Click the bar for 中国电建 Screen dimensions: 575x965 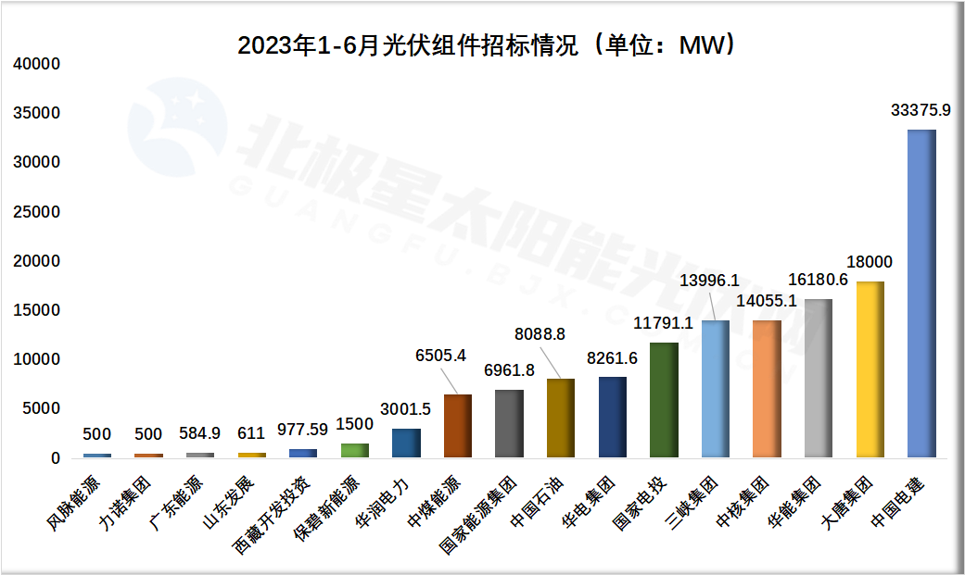pyautogui.click(x=921, y=294)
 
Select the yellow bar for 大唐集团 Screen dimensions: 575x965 pyautogui.click(x=870, y=369)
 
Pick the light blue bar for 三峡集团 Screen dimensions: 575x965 pyautogui.click(x=715, y=389)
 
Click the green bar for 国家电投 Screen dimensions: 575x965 pyautogui.click(x=664, y=400)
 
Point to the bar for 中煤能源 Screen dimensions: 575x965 pyautogui.click(x=458, y=426)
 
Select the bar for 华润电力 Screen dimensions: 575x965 pyautogui.click(x=406, y=443)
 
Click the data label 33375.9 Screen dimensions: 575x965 pyautogui.click(x=921, y=110)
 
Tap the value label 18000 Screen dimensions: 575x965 pyautogui.click(x=870, y=262)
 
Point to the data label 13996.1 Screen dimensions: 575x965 pyautogui.click(x=709, y=281)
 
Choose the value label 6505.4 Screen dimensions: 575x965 pyautogui.click(x=442, y=354)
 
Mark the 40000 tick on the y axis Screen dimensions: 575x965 pyautogui.click(x=37, y=64)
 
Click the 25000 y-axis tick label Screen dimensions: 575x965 pyautogui.click(x=37, y=212)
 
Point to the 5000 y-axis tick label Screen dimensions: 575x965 pyautogui.click(x=42, y=409)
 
